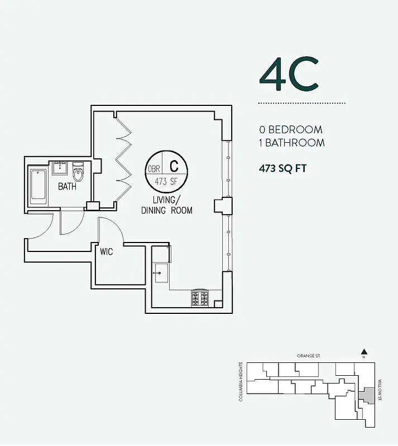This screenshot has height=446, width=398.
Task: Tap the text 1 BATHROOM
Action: (291, 143)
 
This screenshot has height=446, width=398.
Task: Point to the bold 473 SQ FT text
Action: (282, 168)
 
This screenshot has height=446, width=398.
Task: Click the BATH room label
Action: (67, 187)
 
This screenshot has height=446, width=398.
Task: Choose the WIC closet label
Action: (106, 252)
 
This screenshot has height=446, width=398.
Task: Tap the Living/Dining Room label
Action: (166, 205)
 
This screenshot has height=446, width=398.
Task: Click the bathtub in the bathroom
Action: (39, 184)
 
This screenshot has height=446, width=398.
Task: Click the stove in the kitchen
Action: (200, 298)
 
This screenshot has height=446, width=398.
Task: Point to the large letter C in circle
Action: (174, 166)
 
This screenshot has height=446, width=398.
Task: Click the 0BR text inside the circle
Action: (154, 168)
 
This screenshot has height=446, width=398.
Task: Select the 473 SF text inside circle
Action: (167, 181)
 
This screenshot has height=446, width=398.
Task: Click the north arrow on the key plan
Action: (364, 352)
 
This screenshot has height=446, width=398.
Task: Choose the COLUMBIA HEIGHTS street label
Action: (241, 382)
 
